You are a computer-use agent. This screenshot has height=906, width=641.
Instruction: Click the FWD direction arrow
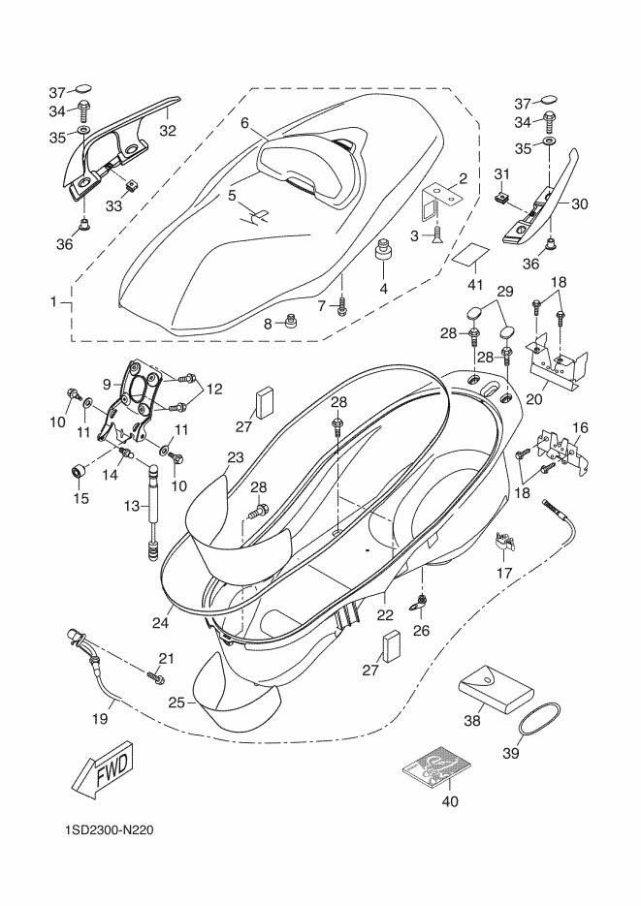click(x=102, y=769)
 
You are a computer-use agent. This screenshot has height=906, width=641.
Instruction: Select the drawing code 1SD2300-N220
click(x=110, y=830)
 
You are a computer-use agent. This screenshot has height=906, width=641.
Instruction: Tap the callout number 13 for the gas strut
click(x=132, y=506)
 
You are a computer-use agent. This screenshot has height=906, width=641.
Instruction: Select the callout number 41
click(x=474, y=284)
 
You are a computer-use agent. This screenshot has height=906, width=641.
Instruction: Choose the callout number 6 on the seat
click(x=244, y=122)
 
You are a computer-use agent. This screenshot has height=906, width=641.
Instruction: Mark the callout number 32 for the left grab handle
click(x=168, y=131)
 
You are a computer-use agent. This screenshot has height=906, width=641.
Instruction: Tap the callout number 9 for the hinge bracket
click(x=107, y=383)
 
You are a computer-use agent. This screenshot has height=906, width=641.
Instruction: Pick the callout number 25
click(x=176, y=703)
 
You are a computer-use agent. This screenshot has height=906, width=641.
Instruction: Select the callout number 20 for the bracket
click(x=533, y=398)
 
